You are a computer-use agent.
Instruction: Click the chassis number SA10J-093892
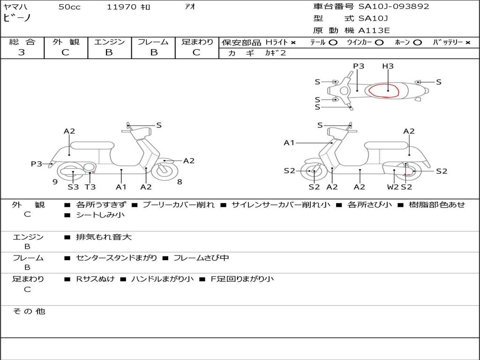[x=394, y=6]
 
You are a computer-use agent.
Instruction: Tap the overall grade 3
[x=22, y=52]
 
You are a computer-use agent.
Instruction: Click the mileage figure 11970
[x=121, y=7]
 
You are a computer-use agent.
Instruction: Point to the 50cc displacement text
[x=69, y=7]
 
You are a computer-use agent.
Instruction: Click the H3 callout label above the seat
[x=388, y=66]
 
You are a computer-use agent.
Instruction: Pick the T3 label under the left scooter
[x=90, y=187]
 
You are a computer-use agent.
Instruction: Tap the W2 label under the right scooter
[x=393, y=187]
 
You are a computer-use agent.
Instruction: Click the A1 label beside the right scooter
[x=289, y=142]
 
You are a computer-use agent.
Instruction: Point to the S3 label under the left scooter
[x=73, y=187]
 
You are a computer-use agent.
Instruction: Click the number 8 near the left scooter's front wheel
[x=180, y=182]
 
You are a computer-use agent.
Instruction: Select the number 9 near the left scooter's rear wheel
[x=55, y=182]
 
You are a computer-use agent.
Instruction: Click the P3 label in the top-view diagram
[x=359, y=66]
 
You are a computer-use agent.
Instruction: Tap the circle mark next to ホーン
[x=417, y=43]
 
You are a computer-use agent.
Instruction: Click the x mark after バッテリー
[x=468, y=43]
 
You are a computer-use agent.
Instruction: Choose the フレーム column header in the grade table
[x=153, y=42]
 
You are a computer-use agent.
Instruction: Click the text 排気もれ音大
[x=104, y=237]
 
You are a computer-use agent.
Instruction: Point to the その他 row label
[x=29, y=311]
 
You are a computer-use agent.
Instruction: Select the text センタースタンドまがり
[x=116, y=258]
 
